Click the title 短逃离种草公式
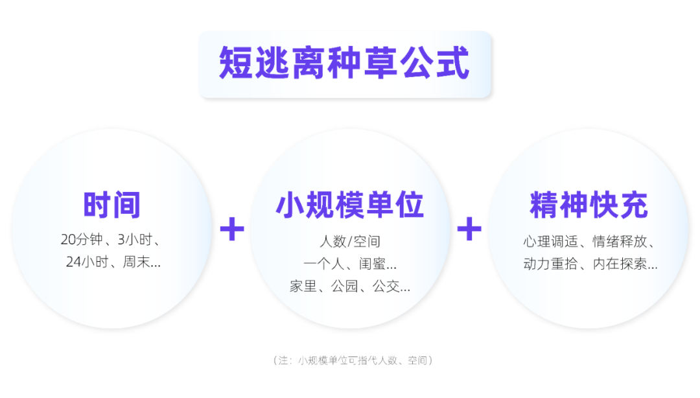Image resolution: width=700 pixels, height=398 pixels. point(344,64)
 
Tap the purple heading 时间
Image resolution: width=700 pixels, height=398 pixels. point(111,205)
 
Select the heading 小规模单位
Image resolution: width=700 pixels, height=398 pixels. point(350,205)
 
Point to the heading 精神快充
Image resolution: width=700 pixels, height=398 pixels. point(589,205)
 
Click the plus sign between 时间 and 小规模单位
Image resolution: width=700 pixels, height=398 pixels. point(232,229)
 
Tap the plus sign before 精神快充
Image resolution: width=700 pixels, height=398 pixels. point(469,229)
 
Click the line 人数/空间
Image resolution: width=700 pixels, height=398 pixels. point(350,242)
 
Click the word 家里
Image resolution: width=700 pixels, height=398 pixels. point(302,286)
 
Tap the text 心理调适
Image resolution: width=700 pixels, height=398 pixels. point(548,242)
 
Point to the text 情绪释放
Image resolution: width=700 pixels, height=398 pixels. point(620,242)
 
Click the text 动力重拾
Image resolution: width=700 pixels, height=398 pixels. point(548,264)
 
